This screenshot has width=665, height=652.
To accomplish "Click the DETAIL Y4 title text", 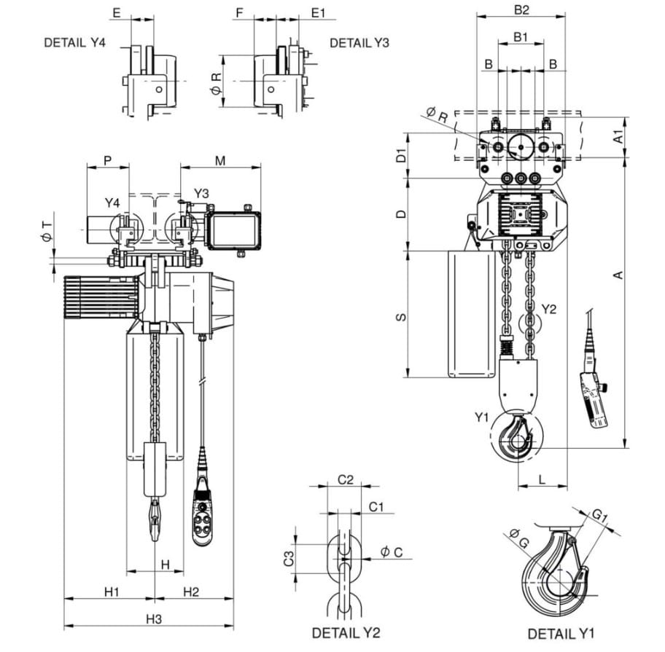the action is (74, 43).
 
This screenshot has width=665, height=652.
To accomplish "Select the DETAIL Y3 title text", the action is (359, 43).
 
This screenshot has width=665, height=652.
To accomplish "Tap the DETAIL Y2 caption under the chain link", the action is (346, 633).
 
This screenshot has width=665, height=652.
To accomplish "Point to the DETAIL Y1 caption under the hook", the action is (561, 634).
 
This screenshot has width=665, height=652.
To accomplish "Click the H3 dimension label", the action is (155, 619).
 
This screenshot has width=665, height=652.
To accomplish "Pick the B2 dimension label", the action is (521, 9).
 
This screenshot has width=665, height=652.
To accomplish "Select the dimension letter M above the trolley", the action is (220, 160).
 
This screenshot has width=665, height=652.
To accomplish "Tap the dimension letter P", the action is (108, 160).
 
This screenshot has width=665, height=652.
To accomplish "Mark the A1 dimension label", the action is (619, 137).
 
